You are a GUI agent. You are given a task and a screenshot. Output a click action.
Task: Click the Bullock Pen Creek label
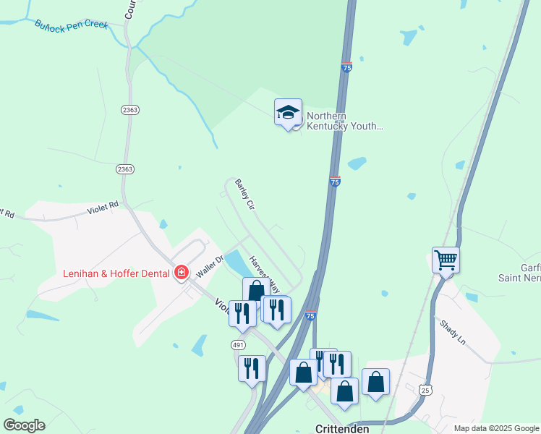coord(71,25)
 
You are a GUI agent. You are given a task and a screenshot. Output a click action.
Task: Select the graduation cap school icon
coord(288,112)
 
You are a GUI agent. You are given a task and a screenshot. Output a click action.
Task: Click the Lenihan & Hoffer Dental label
coord(116,273)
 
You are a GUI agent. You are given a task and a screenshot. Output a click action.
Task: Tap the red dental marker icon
coord(182,273)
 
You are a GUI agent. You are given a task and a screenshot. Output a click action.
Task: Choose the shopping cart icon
coord(446,259)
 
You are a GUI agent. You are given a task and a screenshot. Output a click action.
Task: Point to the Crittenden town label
coord(343,428)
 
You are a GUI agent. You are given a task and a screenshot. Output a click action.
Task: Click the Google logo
coord(24,425)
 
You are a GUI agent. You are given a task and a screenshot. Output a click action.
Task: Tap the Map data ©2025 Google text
coord(495,428)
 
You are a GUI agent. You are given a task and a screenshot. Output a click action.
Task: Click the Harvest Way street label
coord(264,273)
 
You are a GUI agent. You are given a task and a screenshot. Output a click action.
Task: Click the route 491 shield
coord(238,345)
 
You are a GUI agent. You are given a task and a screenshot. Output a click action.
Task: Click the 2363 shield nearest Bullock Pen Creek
coord(130,109)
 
